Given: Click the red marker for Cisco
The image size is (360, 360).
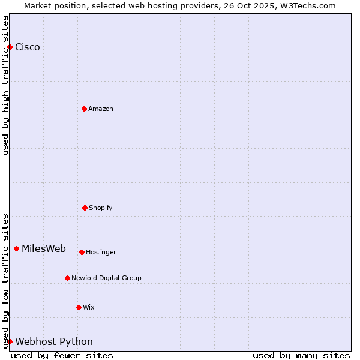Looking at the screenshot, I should tap(10, 47).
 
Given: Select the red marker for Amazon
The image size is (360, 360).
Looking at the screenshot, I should tap(84, 109).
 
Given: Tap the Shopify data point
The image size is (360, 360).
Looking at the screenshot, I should tap(85, 208).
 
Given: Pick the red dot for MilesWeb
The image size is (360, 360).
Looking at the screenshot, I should tap(16, 248).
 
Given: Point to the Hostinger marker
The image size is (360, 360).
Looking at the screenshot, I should tap(82, 252).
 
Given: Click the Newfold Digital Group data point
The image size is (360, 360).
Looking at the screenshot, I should tap(67, 278).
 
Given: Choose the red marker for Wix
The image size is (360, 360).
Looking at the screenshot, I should tap(79, 307).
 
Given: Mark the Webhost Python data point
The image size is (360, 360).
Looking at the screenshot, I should tap(10, 341).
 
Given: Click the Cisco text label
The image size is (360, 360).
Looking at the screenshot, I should tap(28, 47).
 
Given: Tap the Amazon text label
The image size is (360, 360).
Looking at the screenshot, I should tap(101, 109).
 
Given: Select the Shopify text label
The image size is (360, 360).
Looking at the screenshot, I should tap(101, 208).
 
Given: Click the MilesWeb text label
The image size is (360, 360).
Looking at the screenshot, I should tap(44, 249).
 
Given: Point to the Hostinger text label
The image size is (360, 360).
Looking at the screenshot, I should tap(101, 253).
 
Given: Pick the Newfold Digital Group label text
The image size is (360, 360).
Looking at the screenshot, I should tap(106, 278).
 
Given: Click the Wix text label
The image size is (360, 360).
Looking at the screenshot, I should tap(89, 308).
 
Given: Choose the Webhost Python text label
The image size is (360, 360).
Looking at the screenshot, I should tap(54, 342).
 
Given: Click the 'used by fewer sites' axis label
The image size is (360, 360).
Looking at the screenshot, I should tap(62, 355).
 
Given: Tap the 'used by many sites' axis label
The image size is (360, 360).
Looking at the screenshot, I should tap(301, 355).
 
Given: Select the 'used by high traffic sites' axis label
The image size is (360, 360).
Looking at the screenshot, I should tap(6, 85).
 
